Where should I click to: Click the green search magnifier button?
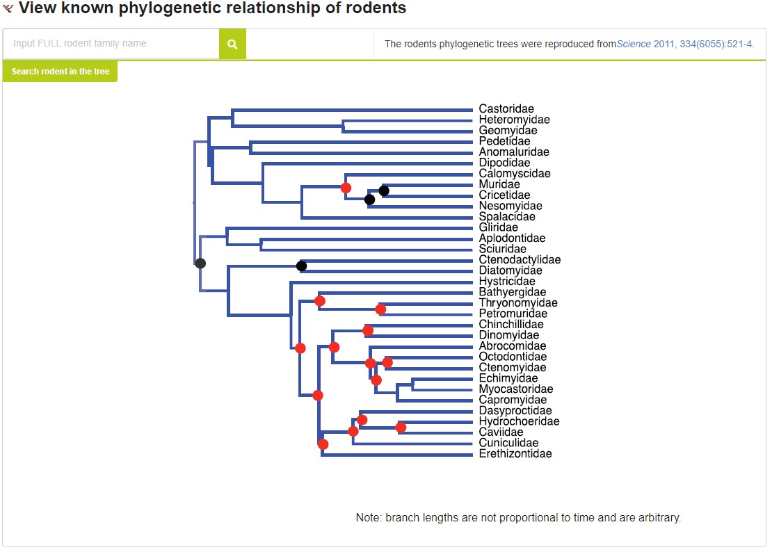(x=232, y=44)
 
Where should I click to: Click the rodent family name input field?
(x=111, y=44)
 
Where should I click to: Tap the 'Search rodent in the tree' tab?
(x=61, y=72)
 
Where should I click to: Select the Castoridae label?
(x=506, y=109)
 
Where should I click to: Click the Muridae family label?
(x=499, y=184)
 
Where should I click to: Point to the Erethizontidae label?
(x=515, y=454)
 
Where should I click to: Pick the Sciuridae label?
(x=503, y=249)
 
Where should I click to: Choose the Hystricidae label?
(x=507, y=282)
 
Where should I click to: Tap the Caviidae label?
(x=501, y=432)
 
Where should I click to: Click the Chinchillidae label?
(x=511, y=325)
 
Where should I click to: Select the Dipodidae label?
(x=504, y=163)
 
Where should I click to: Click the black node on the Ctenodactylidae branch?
(x=301, y=266)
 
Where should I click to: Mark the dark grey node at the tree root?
(x=200, y=263)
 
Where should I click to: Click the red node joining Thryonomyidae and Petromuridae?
(x=380, y=309)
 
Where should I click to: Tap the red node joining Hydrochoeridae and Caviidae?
(x=401, y=428)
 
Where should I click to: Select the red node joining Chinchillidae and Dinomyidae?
(x=368, y=330)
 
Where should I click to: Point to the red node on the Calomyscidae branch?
(x=346, y=188)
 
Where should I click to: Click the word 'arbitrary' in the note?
(x=657, y=518)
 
